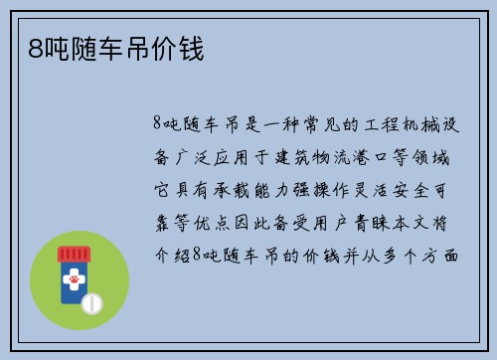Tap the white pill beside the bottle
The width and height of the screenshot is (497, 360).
click(x=90, y=300)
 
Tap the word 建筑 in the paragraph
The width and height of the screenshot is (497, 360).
click(x=296, y=157)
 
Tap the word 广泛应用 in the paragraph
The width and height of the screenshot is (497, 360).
click(x=219, y=157)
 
